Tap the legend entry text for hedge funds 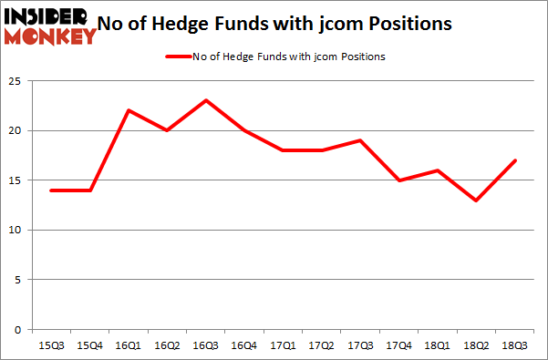tap(290, 57)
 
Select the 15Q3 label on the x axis tap(51, 345)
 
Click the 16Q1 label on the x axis tap(129, 345)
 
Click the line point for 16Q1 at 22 tap(129, 110)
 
